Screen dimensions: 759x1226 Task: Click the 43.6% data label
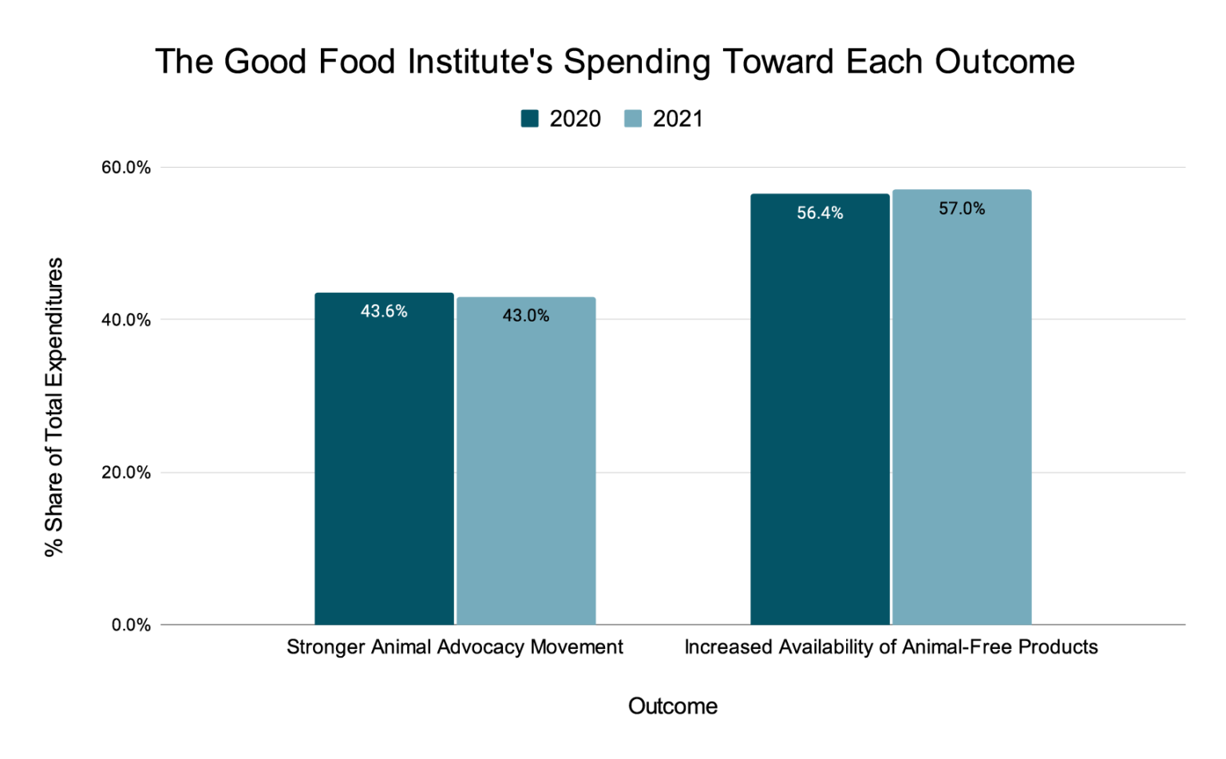[x=384, y=311]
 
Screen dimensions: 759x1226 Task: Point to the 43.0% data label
[x=526, y=316]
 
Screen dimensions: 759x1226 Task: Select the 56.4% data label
[x=820, y=213]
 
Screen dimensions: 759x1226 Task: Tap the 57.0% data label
[x=962, y=209]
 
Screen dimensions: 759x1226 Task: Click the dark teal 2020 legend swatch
[x=530, y=119]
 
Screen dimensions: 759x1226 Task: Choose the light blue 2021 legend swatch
[x=634, y=119]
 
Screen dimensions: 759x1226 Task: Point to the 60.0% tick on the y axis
[x=126, y=168]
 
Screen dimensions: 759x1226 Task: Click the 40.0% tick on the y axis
[x=126, y=320]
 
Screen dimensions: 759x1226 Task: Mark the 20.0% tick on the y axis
[x=126, y=472]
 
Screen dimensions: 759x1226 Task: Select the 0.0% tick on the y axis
[x=130, y=625]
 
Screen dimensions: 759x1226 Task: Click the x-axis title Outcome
[x=673, y=706]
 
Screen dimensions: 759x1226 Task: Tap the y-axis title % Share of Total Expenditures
[x=53, y=407]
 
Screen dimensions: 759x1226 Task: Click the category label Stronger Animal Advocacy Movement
[x=455, y=647]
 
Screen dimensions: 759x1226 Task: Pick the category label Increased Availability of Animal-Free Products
[x=891, y=647]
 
